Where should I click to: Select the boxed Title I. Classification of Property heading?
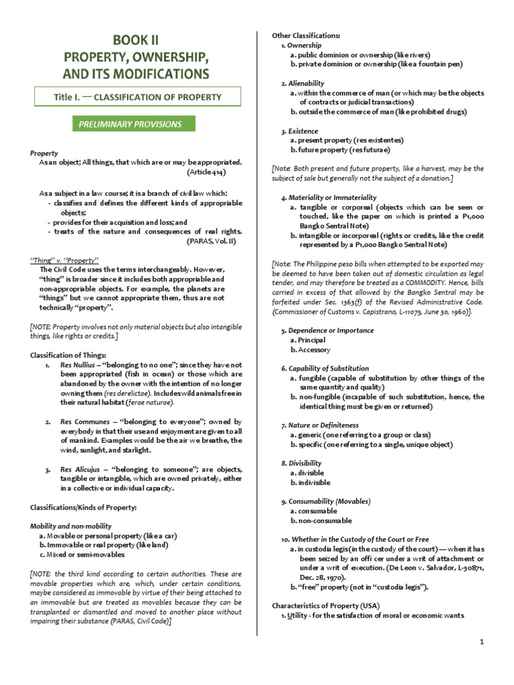tap(137, 97)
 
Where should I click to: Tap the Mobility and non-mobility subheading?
tap(71, 526)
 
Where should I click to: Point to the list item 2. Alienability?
tap(299, 83)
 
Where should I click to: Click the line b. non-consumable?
tap(321, 520)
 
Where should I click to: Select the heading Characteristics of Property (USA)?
tap(322, 587)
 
